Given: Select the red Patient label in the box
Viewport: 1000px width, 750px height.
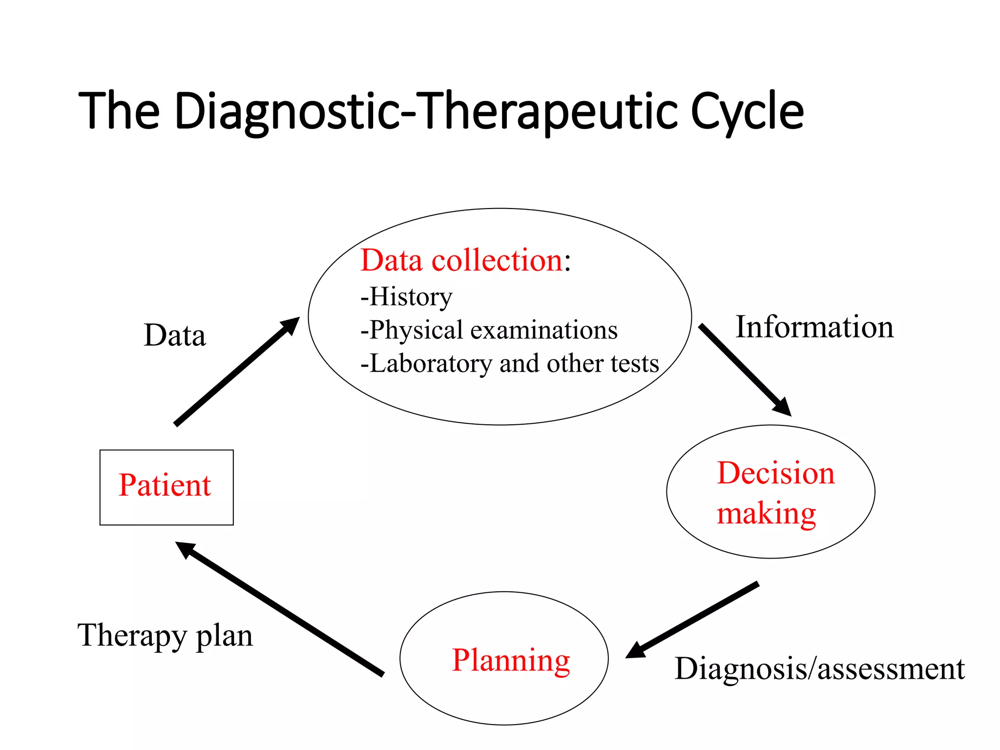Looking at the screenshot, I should (165, 485).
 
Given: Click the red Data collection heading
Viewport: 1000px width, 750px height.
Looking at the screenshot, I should (461, 260).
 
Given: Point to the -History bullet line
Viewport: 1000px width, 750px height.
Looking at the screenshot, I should (406, 296).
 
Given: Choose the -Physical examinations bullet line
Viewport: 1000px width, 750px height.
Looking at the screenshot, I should (489, 330).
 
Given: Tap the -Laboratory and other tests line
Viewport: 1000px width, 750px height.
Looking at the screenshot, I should (509, 364).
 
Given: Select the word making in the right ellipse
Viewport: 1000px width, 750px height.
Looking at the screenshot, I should (766, 514).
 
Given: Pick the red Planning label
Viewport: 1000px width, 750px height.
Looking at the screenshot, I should (511, 660).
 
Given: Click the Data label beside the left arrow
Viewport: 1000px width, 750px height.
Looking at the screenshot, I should (175, 335).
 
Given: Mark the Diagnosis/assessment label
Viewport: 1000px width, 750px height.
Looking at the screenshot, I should (819, 668).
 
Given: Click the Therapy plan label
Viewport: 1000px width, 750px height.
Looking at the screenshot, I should (165, 635).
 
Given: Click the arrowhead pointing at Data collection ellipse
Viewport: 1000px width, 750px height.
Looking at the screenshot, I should (291, 325).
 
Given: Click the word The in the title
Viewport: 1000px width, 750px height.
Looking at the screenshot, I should (119, 111).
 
